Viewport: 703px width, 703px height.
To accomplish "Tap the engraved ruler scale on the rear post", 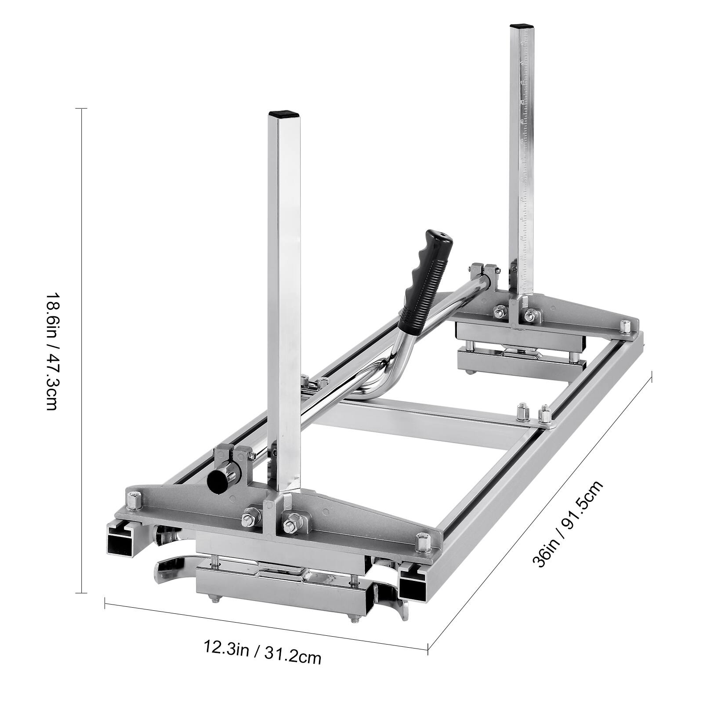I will tap(523, 167).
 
